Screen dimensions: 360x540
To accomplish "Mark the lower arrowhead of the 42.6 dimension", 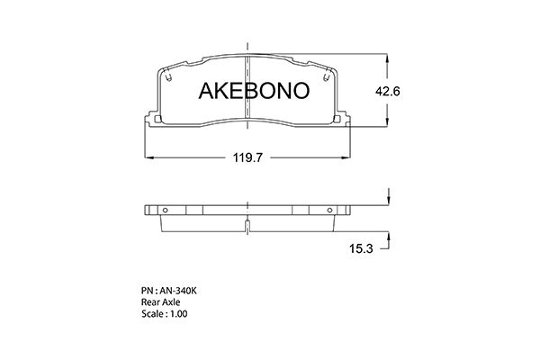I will (x=388, y=125).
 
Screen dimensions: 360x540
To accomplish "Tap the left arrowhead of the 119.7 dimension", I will (x=148, y=157).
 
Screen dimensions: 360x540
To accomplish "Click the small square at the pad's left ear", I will (x=157, y=120).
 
